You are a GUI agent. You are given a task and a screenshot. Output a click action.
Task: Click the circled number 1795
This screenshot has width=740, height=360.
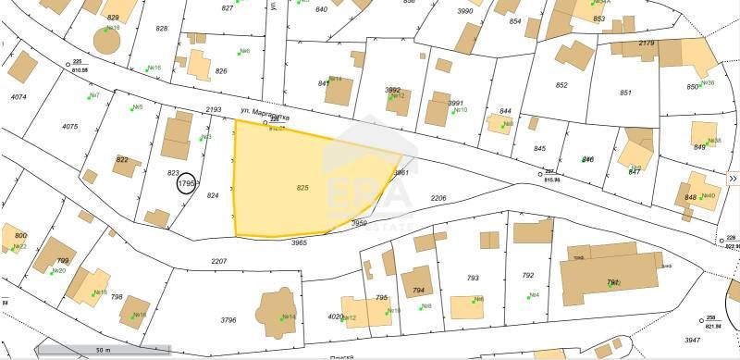[x=186, y=184]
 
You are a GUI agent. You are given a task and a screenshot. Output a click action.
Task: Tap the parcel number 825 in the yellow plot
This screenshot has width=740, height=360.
[x=302, y=187]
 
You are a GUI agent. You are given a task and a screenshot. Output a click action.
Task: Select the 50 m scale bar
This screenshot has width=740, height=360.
[x=103, y=350]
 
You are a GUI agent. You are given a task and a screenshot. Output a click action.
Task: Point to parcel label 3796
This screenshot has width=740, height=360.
[x=228, y=320]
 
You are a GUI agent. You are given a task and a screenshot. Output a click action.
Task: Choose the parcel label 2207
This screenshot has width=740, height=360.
[x=219, y=262]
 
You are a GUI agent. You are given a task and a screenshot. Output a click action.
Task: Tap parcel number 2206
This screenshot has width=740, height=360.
[x=438, y=198]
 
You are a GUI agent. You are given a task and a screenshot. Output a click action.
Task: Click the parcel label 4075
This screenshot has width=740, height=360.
[x=70, y=126]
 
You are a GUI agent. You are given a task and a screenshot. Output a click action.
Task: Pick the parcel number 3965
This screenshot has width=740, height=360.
[x=299, y=242]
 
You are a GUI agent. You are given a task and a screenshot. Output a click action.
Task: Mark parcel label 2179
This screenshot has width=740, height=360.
[x=647, y=43]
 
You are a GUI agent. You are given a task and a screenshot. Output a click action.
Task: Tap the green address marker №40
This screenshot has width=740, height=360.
[x=708, y=195]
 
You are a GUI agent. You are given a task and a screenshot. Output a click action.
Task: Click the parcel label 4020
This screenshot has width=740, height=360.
[x=336, y=317]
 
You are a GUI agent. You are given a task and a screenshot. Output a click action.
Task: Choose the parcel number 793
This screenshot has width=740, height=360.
[x=473, y=278]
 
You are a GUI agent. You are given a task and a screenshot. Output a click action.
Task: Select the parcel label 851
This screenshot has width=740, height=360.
[x=626, y=93]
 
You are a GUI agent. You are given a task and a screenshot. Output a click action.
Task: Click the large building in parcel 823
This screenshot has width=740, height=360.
[x=176, y=139]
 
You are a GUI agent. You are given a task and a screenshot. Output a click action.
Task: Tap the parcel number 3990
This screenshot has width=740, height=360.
[x=464, y=11]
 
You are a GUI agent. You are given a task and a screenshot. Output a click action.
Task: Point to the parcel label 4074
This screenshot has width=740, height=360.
[x=18, y=97]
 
